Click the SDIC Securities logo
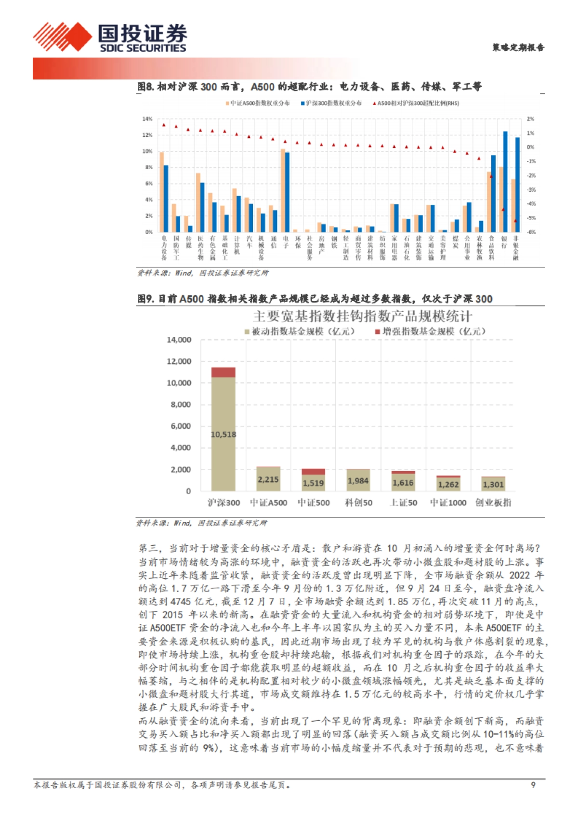[110, 37]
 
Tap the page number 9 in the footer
[533, 785]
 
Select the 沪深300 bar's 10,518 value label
[223, 435]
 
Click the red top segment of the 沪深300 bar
[223, 372]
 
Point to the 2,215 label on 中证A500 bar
[268, 480]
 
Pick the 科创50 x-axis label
[358, 502]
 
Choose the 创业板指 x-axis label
[493, 502]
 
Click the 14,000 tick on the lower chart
[179, 340]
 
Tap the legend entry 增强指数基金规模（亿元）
[430, 331]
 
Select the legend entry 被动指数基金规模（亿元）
[300, 331]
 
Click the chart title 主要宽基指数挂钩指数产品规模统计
[362, 317]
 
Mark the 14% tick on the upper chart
[147, 119]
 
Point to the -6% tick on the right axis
[530, 232]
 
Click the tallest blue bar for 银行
[505, 182]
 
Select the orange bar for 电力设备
[162, 192]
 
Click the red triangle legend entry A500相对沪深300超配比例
[416, 103]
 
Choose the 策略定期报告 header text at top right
[518, 47]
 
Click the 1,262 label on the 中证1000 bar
[448, 485]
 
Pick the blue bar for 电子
[288, 192]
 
